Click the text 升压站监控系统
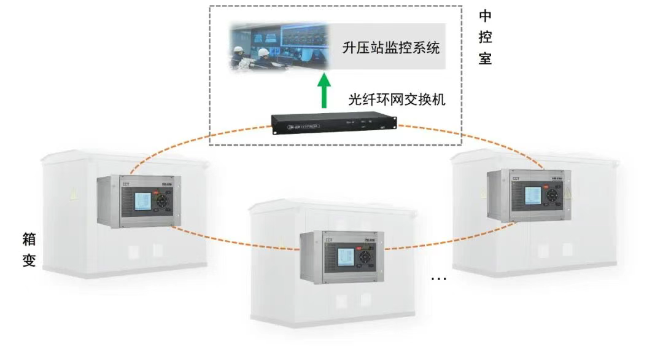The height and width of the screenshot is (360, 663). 391,47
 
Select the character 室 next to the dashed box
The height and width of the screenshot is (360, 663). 485,59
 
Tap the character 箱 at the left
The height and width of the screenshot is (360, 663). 29,239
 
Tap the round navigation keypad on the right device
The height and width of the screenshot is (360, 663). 552,195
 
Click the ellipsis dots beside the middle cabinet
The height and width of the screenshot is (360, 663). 438,280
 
